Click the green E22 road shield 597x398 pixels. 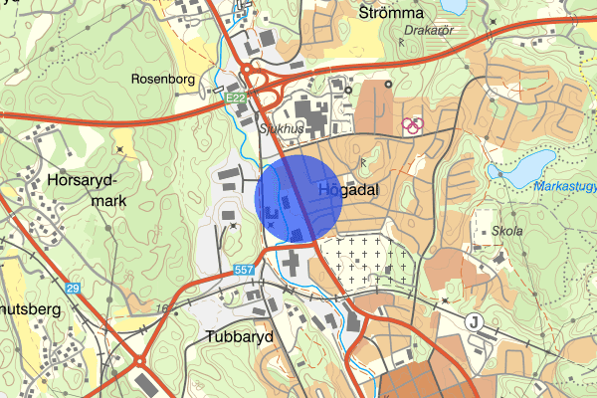pyautogui.click(x=236, y=99)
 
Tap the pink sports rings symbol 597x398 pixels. pyautogui.click(x=412, y=125)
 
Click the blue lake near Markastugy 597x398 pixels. pyautogui.click(x=521, y=165)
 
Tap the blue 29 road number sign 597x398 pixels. pyautogui.click(x=73, y=288)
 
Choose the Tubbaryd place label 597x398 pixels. pyautogui.click(x=240, y=335)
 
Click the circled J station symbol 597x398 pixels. pyautogui.click(x=475, y=320)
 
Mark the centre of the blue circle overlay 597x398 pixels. pyautogui.click(x=299, y=198)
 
